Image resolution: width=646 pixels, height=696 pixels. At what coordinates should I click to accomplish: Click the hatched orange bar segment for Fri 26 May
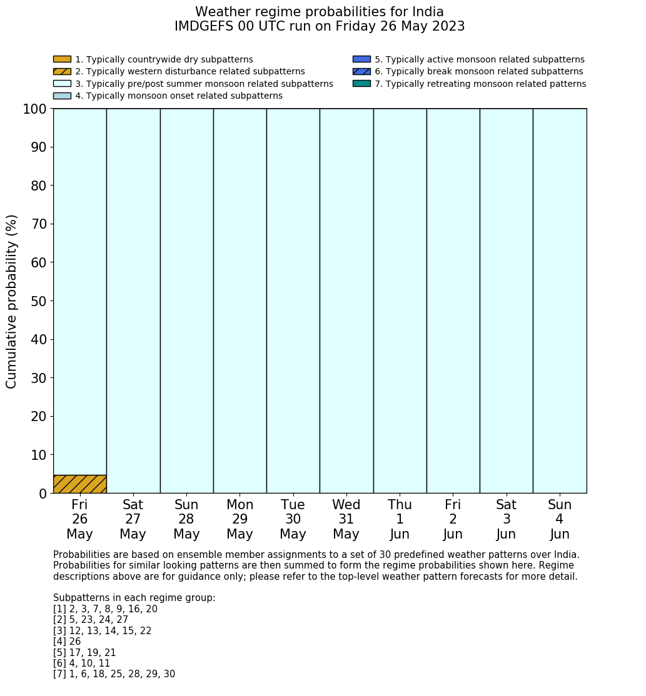[x=79, y=484]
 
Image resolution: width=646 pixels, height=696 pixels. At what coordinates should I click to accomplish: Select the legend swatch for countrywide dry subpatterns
[x=62, y=59]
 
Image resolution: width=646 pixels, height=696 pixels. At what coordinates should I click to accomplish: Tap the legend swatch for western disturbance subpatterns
[x=62, y=71]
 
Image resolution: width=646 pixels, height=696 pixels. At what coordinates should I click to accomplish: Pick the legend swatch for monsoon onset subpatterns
[x=62, y=96]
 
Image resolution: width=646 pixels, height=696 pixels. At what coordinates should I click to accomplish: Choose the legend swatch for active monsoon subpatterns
[x=361, y=59]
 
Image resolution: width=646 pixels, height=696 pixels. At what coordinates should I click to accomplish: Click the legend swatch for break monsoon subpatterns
[x=361, y=71]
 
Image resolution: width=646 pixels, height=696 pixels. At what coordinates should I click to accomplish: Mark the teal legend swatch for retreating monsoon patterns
[x=361, y=83]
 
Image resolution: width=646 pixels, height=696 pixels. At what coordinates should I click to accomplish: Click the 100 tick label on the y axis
[x=35, y=109]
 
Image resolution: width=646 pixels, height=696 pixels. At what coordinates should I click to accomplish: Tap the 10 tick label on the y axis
[x=39, y=455]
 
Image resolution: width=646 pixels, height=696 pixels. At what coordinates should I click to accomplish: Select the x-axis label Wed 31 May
[x=346, y=519]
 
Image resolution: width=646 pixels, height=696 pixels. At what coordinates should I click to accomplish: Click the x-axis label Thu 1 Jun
[x=400, y=519]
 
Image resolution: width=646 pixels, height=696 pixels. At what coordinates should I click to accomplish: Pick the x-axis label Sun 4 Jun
[x=560, y=519]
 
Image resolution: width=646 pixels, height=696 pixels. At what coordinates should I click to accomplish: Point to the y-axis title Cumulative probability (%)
[x=12, y=301]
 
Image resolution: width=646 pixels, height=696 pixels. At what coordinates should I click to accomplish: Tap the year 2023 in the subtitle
[x=447, y=26]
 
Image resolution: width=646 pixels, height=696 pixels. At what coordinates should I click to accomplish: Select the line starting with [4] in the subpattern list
[x=67, y=642]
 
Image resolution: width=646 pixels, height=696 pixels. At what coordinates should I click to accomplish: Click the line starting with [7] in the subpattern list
[x=114, y=674]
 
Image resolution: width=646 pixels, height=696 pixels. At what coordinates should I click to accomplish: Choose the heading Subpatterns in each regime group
[x=134, y=598]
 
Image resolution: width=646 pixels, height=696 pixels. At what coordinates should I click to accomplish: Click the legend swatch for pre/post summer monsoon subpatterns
[x=62, y=84]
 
